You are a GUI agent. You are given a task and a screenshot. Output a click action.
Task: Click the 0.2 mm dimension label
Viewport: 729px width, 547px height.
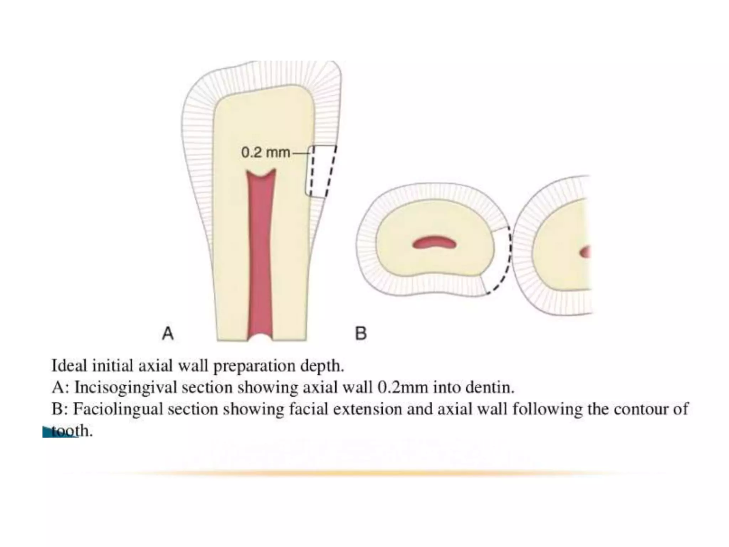click(x=266, y=153)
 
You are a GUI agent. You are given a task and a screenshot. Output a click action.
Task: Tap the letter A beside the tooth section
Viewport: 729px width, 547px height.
click(x=168, y=334)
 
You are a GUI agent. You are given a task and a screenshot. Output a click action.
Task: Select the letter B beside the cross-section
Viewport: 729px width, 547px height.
click(x=361, y=334)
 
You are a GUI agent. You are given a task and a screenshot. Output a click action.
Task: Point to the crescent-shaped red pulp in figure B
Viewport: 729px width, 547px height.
click(x=434, y=243)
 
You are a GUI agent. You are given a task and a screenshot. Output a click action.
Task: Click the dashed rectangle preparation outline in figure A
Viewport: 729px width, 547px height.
click(x=321, y=171)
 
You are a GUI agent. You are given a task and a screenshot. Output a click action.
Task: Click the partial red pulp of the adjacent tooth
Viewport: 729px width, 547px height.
click(x=585, y=252)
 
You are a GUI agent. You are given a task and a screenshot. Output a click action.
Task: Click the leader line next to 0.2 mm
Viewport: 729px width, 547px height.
click(x=301, y=153)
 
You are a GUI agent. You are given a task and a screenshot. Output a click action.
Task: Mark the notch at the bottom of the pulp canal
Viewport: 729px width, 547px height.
click(x=260, y=336)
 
